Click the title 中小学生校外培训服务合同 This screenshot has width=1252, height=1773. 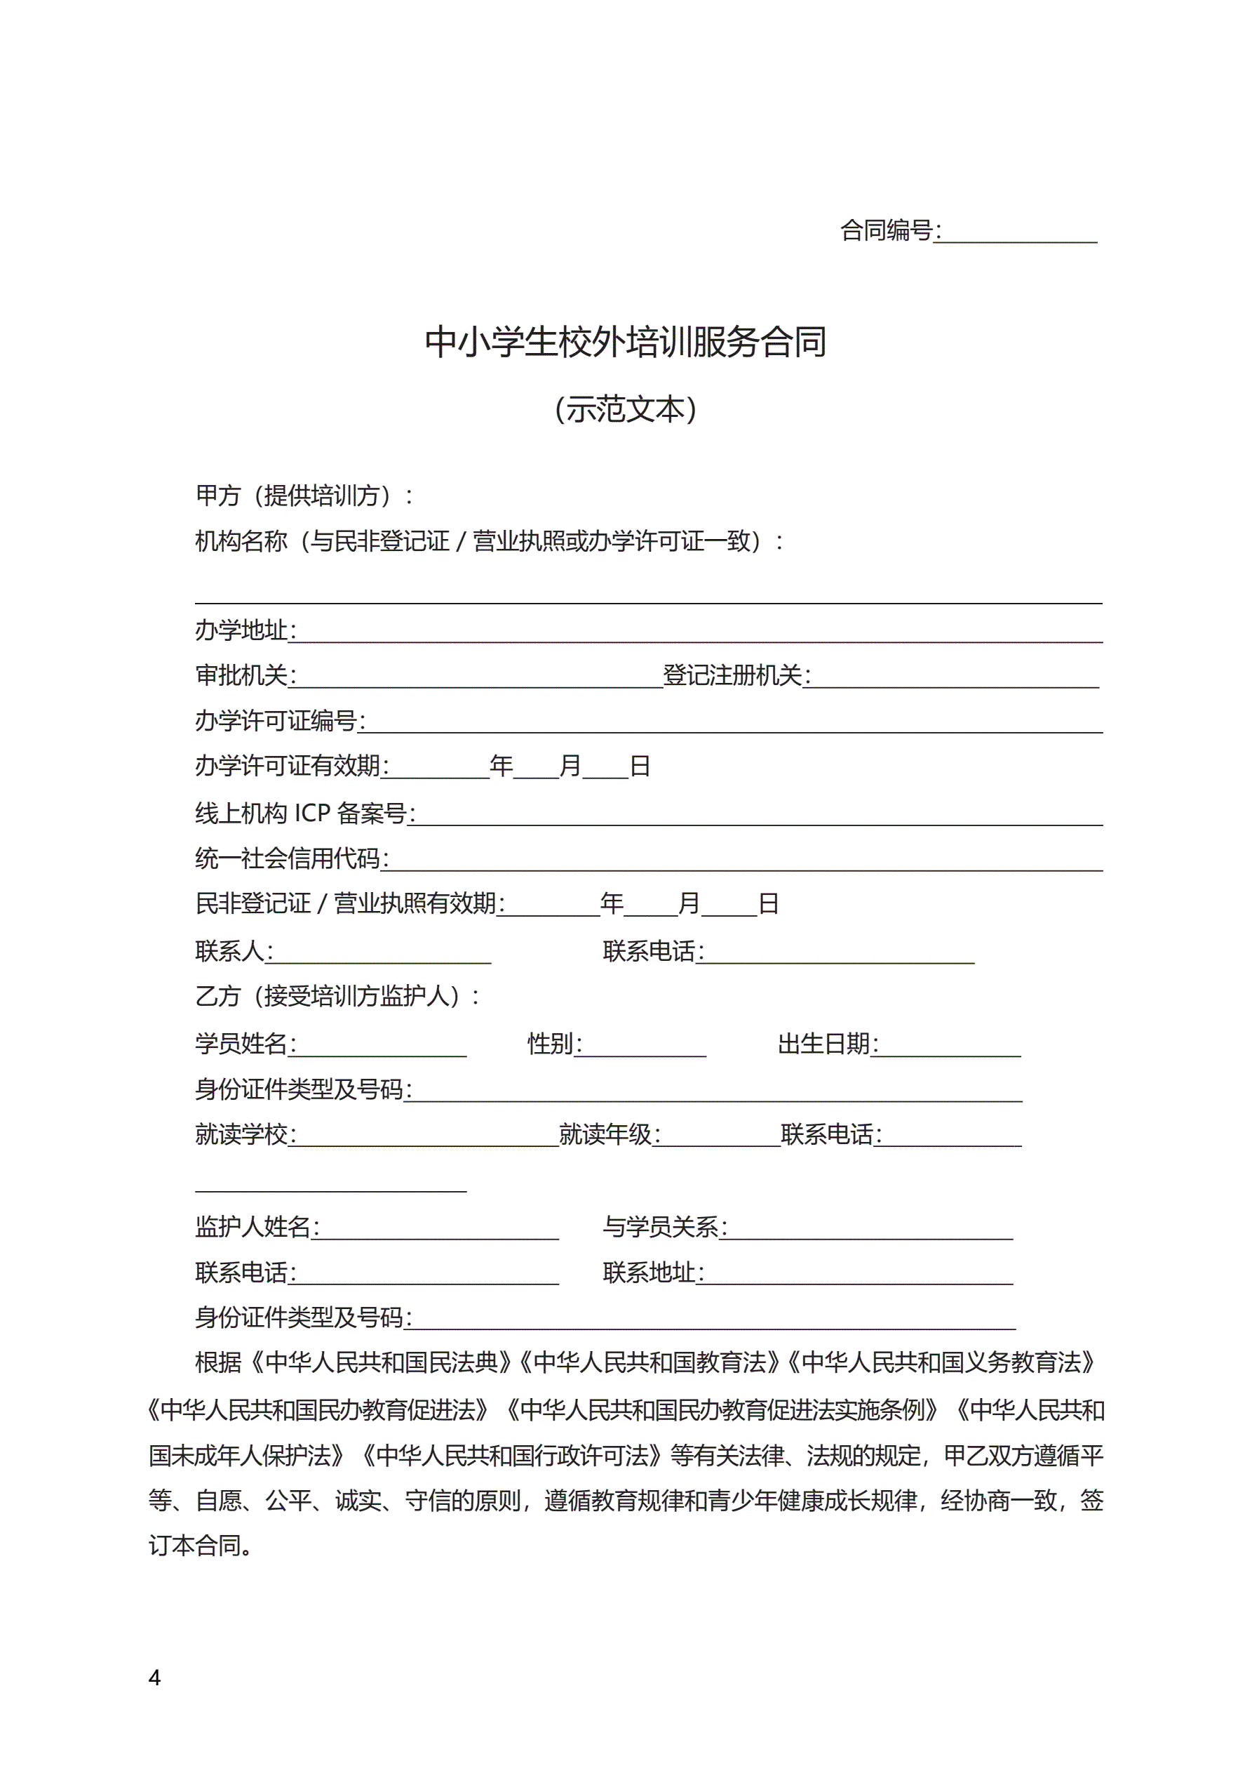pos(625,342)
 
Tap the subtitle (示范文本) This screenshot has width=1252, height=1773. pos(625,409)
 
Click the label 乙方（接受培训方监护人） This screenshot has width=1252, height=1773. pos(336,996)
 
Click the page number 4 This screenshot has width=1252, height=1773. pos(154,1678)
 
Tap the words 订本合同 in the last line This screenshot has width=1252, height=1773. pos(194,1546)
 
